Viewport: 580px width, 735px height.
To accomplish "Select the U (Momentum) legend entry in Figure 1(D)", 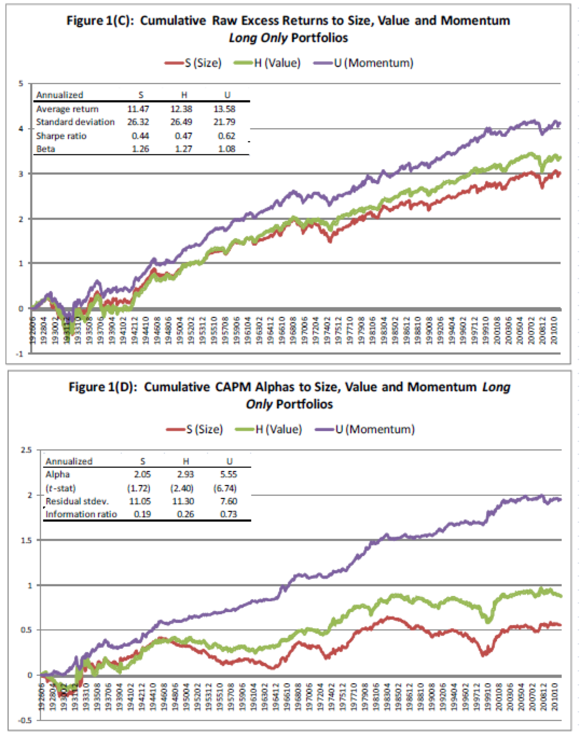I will [375, 429].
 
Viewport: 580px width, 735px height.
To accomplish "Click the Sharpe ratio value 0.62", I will [226, 136].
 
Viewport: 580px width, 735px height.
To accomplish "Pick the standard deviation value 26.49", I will [183, 122].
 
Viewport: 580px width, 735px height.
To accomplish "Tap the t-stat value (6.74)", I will [228, 488].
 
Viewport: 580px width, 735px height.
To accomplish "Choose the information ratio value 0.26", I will [185, 514].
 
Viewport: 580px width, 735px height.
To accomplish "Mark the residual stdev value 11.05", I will [142, 501].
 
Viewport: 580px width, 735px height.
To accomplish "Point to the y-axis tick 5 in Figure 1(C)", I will [22, 84].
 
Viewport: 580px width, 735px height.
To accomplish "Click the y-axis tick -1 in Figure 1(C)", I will [20, 353].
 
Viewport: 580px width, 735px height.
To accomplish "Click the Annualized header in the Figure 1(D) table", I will [69, 461].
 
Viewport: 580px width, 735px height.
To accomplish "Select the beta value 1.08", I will [226, 149].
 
